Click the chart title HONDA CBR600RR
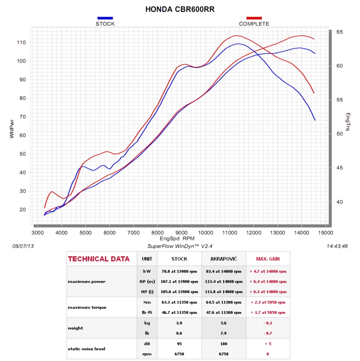coord(180,9)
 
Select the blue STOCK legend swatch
coord(105,18)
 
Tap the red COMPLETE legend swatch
coord(254,18)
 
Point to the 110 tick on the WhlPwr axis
coord(21,42)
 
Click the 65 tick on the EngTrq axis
coord(339,32)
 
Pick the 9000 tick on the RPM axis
coord(181,233)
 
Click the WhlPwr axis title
coord(12,129)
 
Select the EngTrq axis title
coord(348,122)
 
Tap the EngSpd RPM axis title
coord(177,239)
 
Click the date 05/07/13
coord(23,246)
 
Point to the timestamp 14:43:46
coord(337,246)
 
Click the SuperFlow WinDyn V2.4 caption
coord(180,246)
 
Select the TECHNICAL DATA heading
coord(99,259)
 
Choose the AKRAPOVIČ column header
coord(224,259)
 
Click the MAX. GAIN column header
coord(268,259)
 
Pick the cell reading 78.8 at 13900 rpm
coord(179,272)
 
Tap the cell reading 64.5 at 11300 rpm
coord(224,302)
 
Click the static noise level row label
coord(86,349)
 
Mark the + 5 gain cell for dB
coord(268,344)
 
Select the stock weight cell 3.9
coord(179,323)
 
